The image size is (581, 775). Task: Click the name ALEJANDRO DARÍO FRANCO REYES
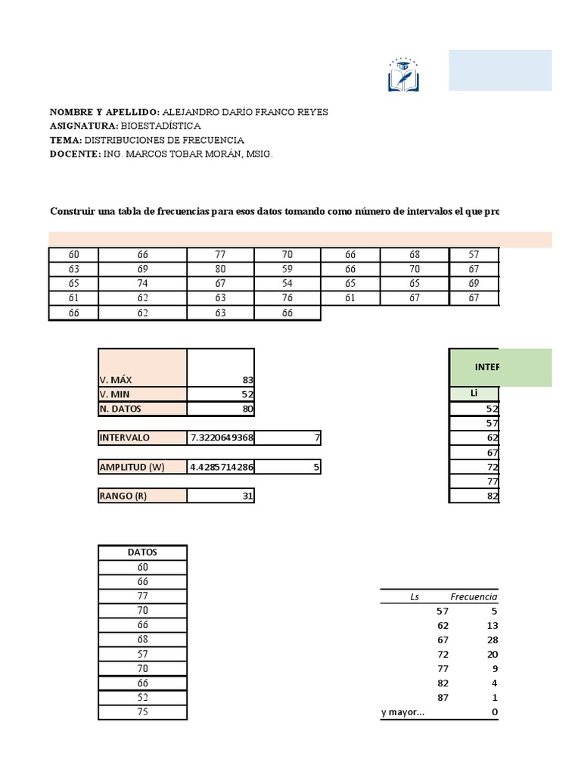[x=245, y=111]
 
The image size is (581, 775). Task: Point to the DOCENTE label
[x=75, y=154]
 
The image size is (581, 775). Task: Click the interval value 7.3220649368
[x=221, y=437]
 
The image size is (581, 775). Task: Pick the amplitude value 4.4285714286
[x=221, y=467]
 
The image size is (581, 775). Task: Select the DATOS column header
[x=142, y=552]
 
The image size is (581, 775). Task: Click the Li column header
[x=474, y=394]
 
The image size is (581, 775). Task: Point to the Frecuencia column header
[x=474, y=596]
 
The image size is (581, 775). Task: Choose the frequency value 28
[x=489, y=640]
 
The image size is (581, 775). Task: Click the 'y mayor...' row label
[x=402, y=711]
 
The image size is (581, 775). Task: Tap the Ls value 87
[x=443, y=697]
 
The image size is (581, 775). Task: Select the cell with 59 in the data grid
[x=287, y=269]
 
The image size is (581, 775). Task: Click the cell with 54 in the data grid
[x=287, y=284]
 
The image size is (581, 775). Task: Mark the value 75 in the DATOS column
[x=142, y=712]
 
